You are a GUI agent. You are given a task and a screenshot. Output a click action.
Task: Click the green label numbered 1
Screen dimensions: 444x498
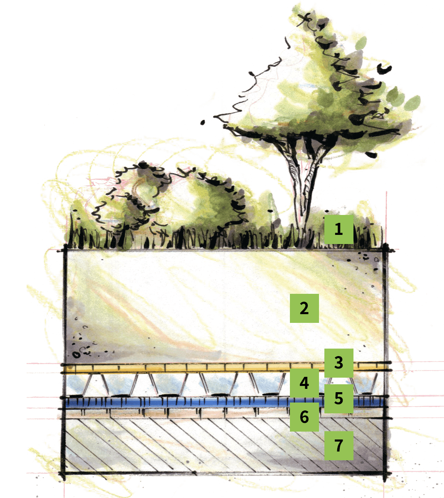point(339,229)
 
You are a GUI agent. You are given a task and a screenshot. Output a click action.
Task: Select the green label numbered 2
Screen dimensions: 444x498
point(304,308)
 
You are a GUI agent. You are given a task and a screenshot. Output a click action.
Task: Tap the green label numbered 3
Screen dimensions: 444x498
point(339,363)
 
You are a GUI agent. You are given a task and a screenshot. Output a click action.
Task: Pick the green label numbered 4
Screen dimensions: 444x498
point(304,383)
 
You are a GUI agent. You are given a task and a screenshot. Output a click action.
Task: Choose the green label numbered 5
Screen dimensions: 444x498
point(339,399)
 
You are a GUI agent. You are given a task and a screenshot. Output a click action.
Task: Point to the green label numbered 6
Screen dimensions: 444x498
point(304,417)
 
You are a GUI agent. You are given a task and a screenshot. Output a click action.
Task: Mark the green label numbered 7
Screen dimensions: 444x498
point(339,445)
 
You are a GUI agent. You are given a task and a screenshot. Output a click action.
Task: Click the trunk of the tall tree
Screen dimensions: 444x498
point(304,192)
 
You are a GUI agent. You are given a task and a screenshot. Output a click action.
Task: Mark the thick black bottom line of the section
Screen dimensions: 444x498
point(224,473)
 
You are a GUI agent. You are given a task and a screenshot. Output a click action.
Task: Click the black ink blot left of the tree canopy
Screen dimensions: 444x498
point(202,122)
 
